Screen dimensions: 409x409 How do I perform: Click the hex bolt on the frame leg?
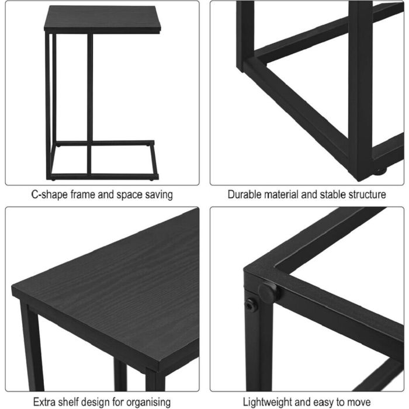point(251,305)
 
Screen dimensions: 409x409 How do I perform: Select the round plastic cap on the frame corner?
point(268,292)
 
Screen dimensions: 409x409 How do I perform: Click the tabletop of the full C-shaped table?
point(102,19)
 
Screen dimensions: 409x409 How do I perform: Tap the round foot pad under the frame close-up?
point(380,171)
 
